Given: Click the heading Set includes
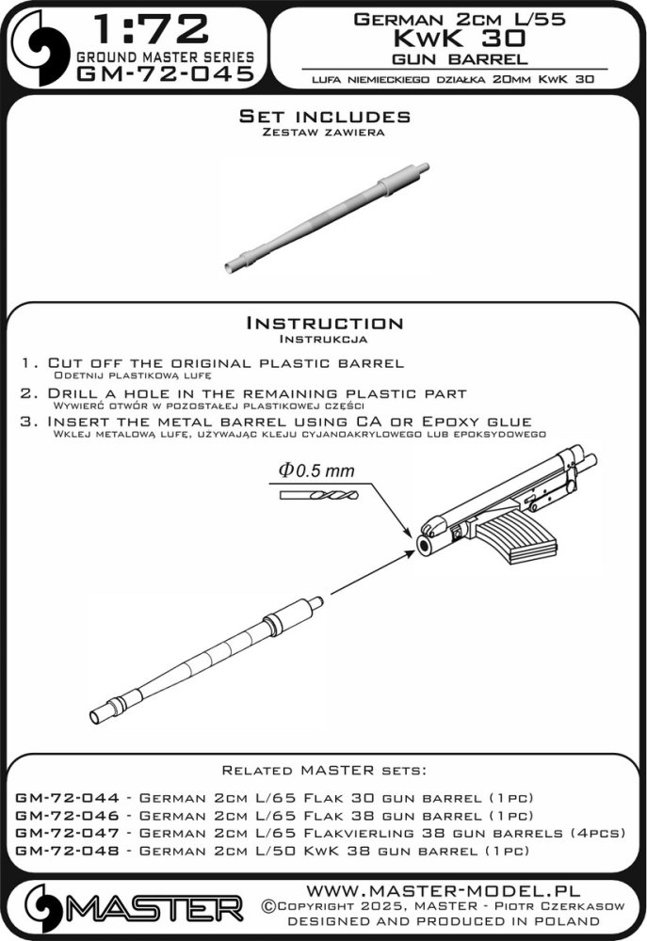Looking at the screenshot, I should tap(324, 117).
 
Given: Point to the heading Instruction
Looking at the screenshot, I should tap(324, 323).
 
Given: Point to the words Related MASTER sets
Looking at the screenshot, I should tap(324, 769).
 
